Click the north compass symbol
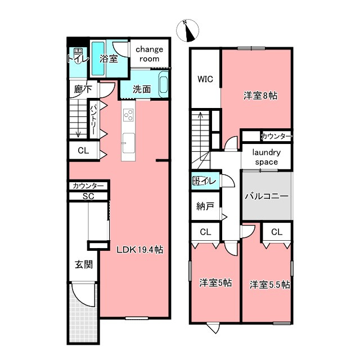[187, 30]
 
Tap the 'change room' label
[149, 54]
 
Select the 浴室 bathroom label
[109, 58]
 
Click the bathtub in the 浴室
[98, 58]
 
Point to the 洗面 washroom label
[142, 89]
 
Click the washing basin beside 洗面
[163, 84]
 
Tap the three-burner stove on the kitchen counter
[128, 115]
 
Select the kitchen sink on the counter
[128, 143]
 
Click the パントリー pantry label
[94, 119]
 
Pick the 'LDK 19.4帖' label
[140, 250]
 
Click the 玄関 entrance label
[84, 265]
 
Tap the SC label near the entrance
[88, 196]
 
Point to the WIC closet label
[205, 79]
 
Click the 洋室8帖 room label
[260, 96]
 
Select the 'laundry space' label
[266, 157]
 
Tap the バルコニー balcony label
[266, 196]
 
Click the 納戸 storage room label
[205, 206]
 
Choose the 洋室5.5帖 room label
[270, 285]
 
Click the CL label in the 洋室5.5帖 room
[277, 232]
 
